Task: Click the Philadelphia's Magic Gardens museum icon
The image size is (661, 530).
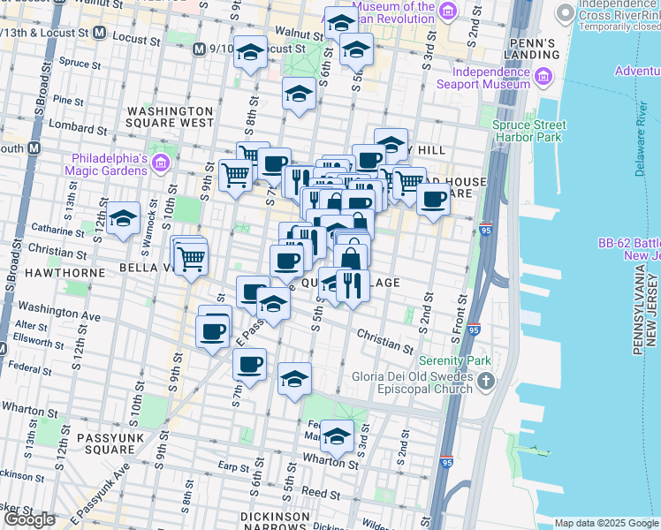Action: tap(161, 163)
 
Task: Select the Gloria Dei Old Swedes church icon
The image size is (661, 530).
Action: tap(486, 382)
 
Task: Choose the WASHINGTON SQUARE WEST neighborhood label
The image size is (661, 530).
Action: tap(171, 117)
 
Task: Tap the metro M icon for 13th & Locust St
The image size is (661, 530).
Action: tap(99, 34)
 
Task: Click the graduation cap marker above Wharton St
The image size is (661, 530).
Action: tap(337, 435)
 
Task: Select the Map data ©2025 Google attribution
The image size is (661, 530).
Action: tap(606, 523)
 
